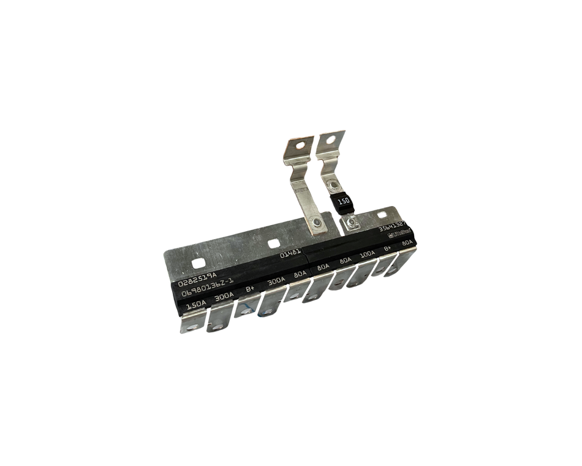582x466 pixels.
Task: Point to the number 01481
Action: (x=290, y=256)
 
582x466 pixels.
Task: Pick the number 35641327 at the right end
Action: (x=390, y=229)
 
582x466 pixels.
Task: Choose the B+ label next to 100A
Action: (x=387, y=249)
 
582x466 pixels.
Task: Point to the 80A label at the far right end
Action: (x=407, y=243)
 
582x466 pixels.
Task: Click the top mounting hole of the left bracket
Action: (x=298, y=147)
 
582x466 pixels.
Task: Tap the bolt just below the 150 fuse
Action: (x=350, y=222)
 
